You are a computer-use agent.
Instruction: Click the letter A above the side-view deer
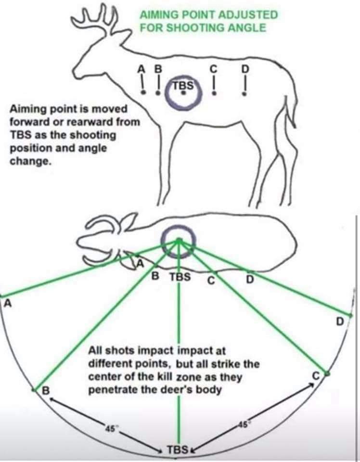coord(141,69)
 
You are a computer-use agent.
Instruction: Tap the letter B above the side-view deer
coord(158,69)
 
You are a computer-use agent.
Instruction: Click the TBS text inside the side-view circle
coord(183,86)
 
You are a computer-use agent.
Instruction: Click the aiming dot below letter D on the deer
coord(244,94)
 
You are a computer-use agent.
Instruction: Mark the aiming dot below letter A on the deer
coord(143,92)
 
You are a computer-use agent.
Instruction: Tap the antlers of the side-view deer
coord(95,18)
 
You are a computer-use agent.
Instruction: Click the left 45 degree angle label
coord(111,429)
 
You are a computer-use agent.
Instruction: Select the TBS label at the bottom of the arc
coord(178,450)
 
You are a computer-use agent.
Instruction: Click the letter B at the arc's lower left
coord(46,391)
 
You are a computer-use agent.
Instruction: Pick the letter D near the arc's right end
coord(340,321)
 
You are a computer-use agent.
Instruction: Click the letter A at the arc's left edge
coord(8,303)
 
